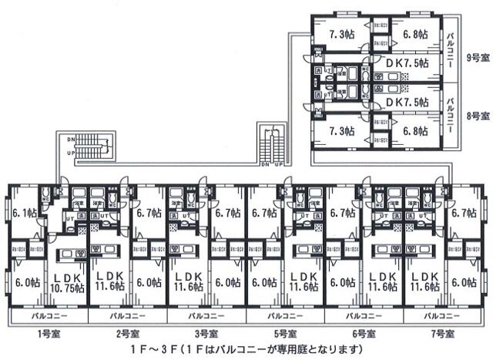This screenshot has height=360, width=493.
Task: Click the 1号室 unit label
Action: click(x=45, y=335)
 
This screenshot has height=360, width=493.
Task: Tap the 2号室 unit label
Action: click(x=128, y=335)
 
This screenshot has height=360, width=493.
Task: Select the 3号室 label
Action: click(x=206, y=335)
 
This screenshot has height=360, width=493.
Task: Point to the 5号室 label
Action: click(x=285, y=335)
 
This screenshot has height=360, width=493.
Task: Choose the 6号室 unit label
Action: click(x=364, y=335)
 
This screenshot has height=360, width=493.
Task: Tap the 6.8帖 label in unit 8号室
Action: click(x=417, y=131)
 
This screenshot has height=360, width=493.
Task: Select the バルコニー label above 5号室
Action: click(x=286, y=316)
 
